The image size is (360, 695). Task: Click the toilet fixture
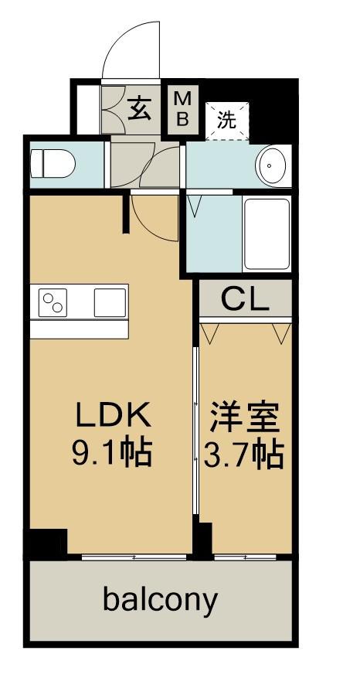pos(52,164)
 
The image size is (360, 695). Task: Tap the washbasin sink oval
pos(272,165)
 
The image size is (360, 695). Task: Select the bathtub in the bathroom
pos(267,233)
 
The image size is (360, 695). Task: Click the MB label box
pos(185,108)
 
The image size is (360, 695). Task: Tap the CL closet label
pos(245,300)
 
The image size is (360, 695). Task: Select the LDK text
pos(110,417)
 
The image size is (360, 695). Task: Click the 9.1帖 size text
pos(110,451)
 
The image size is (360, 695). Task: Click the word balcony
pos(161,600)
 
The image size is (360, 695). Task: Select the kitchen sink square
pos(110,302)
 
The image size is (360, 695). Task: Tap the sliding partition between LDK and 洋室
pos(196,433)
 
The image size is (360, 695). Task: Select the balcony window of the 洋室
pos(245,556)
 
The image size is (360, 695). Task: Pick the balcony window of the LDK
pos(133,556)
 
